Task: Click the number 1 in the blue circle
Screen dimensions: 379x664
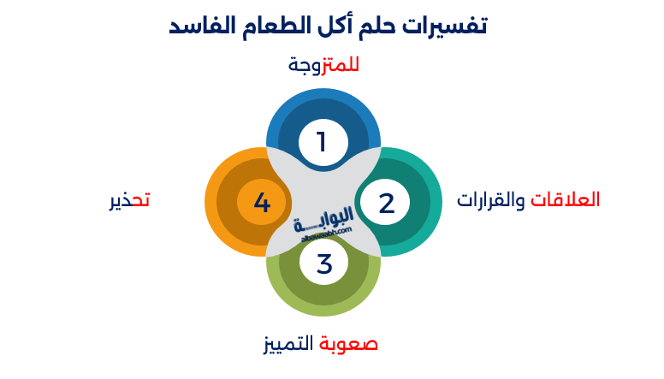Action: pyautogui.click(x=323, y=141)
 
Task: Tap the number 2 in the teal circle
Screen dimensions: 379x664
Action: pyautogui.click(x=386, y=203)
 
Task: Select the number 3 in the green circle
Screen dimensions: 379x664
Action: pyautogui.click(x=323, y=264)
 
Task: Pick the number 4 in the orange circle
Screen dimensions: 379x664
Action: pyautogui.click(x=262, y=203)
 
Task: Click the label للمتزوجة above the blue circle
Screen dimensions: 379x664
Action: pyautogui.click(x=323, y=65)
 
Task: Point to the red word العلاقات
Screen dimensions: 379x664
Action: pyautogui.click(x=566, y=200)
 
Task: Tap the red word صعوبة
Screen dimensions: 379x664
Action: pyautogui.click(x=349, y=344)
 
